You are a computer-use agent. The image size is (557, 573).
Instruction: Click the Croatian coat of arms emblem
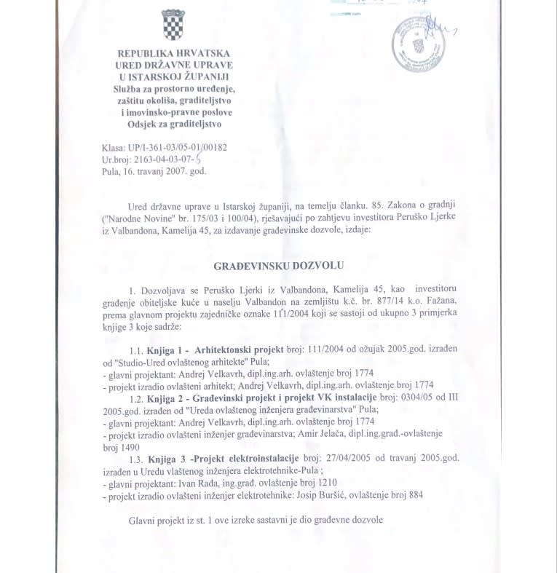173,26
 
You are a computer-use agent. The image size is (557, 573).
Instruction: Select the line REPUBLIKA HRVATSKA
173,54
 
